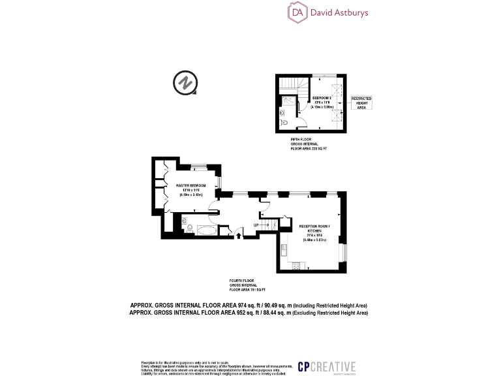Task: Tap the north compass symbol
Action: click(185, 84)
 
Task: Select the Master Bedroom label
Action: click(191, 186)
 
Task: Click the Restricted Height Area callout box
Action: click(361, 103)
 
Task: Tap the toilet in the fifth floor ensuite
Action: click(282, 122)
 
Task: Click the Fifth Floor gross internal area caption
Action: click(308, 146)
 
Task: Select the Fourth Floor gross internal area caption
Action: click(247, 285)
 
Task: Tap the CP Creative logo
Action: click(327, 367)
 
